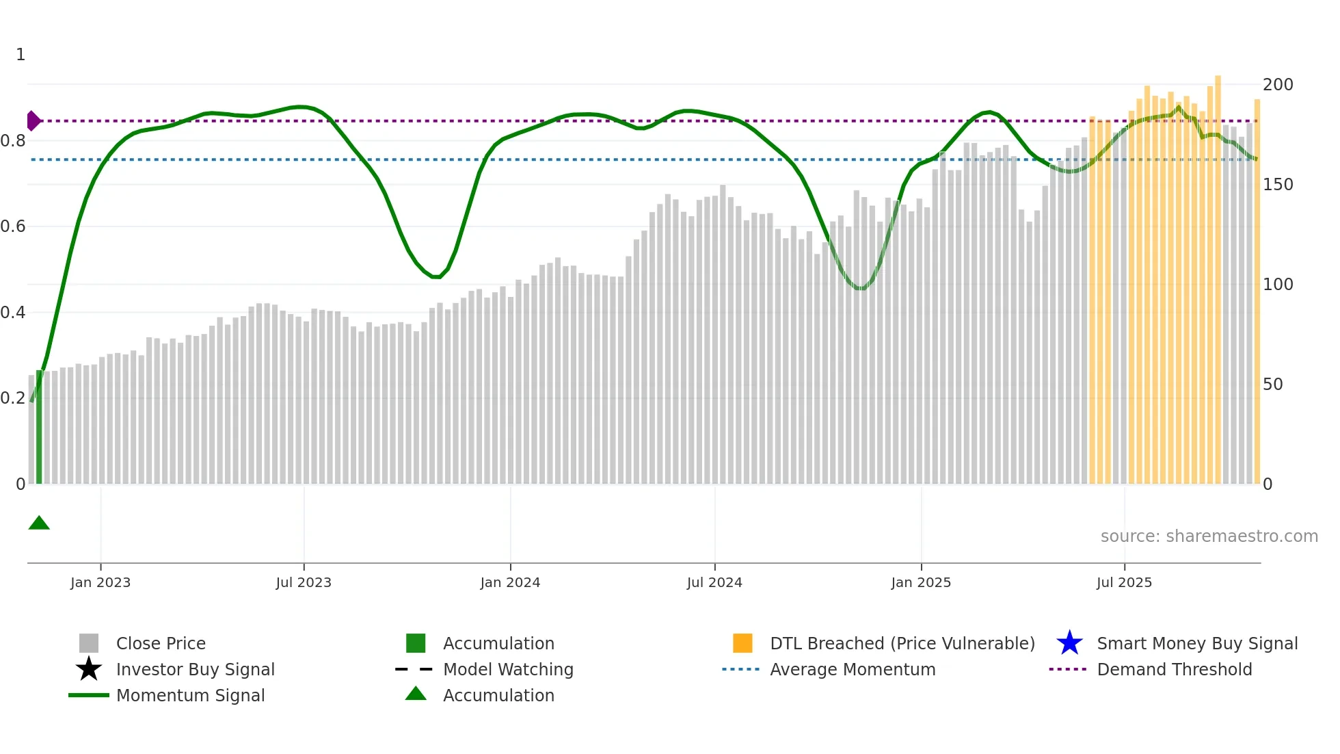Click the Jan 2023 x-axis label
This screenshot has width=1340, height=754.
coord(100,582)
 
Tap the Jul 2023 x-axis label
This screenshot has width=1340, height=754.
coord(304,582)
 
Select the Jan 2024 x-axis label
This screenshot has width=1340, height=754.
coord(510,582)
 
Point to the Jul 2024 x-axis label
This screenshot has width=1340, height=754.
coord(714,582)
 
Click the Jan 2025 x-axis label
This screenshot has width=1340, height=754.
coord(921,582)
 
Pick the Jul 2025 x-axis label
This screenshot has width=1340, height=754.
coord(1124,582)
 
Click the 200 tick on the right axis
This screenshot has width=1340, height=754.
coord(1278,85)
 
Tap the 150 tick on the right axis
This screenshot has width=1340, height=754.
coord(1278,185)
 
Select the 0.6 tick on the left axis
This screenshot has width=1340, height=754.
coord(13,226)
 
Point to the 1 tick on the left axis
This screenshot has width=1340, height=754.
coord(21,55)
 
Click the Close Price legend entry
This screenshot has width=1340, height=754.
coord(161,643)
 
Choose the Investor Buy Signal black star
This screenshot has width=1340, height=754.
coord(89,669)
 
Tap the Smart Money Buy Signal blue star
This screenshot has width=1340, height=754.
coord(1069,643)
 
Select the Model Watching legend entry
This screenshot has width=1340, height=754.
coord(508,669)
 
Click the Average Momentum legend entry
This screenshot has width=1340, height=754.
coord(853,669)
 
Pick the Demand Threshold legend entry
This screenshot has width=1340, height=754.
coord(1174,669)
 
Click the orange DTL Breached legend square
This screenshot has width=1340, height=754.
coord(742,643)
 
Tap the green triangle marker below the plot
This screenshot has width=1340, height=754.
coord(39,523)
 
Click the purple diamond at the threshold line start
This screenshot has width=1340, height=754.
coord(33,121)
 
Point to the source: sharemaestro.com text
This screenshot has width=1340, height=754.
coord(1209,536)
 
